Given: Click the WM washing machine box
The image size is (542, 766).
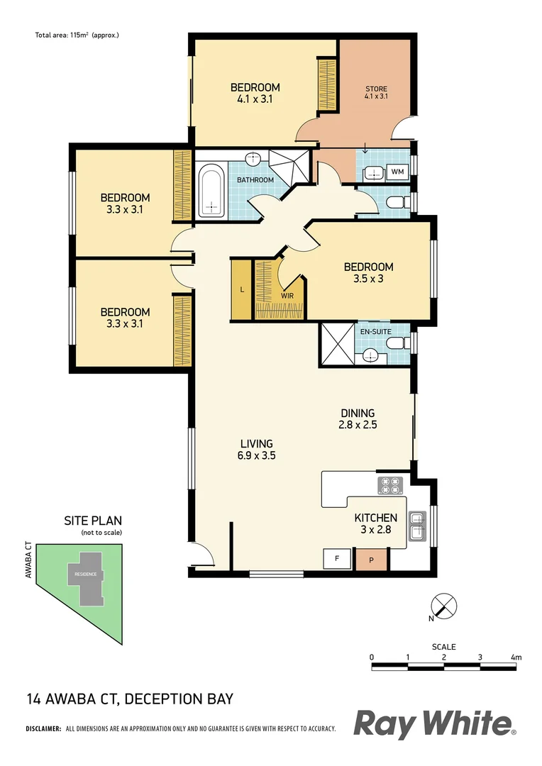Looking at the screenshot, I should [397, 171].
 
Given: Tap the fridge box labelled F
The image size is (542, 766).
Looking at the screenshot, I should [333, 559].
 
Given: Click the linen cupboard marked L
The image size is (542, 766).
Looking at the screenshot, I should [242, 290].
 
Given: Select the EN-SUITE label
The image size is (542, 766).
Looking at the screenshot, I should [375, 331].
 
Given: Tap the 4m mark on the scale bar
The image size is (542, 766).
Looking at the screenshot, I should [516, 657].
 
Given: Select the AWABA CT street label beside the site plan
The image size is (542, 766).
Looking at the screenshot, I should [29, 561].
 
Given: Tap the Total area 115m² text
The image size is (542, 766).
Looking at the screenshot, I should [77, 34].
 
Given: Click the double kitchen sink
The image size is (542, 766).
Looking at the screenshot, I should [419, 526].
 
